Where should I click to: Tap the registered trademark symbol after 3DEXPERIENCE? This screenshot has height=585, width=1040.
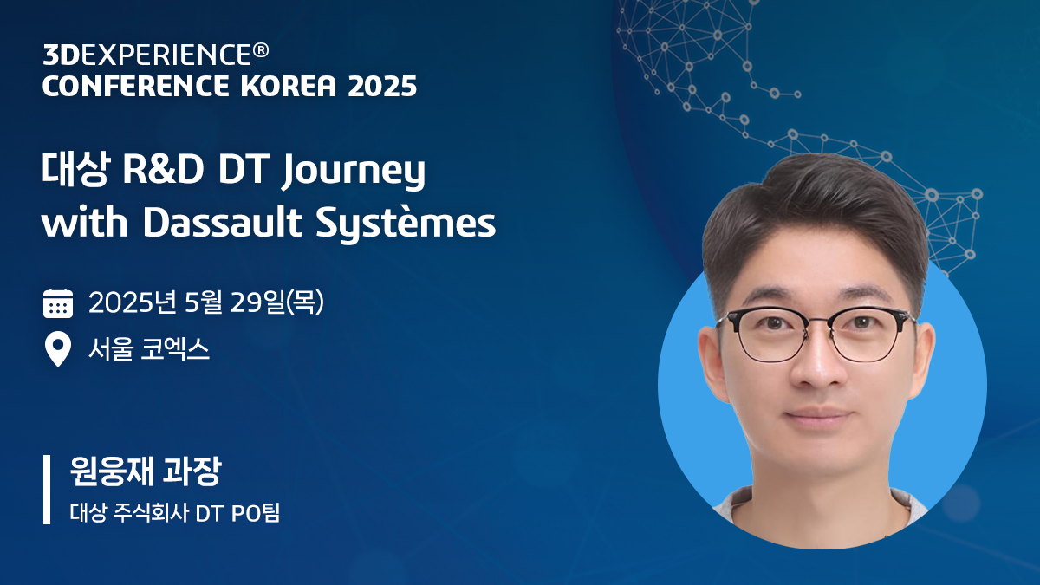[260, 52]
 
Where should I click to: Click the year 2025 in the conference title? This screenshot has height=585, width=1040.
[381, 86]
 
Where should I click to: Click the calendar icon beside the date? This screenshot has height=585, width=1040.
[58, 303]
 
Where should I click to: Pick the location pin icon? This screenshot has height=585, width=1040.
[58, 350]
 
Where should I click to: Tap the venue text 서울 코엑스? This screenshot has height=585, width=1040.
[149, 350]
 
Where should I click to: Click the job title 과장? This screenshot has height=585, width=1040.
[195, 472]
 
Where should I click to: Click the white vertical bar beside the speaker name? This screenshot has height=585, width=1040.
[47, 489]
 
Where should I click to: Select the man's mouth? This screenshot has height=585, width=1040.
[817, 415]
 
